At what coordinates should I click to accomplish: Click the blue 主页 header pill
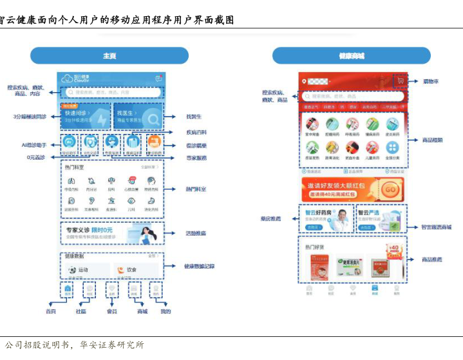tap(109, 56)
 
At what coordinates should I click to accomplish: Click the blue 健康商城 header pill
tap(351, 56)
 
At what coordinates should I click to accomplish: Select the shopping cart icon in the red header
tap(401, 82)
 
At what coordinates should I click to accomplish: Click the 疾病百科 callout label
tap(195, 133)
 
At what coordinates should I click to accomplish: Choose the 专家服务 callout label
tap(196, 157)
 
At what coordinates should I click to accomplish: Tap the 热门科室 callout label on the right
tap(196, 189)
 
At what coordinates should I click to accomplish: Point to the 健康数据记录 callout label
tap(199, 266)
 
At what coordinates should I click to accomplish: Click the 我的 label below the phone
tap(165, 311)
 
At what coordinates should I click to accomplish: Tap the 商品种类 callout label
tap(432, 140)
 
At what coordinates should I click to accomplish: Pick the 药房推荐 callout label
tap(271, 219)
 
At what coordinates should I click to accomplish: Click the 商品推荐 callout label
tap(432, 260)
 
